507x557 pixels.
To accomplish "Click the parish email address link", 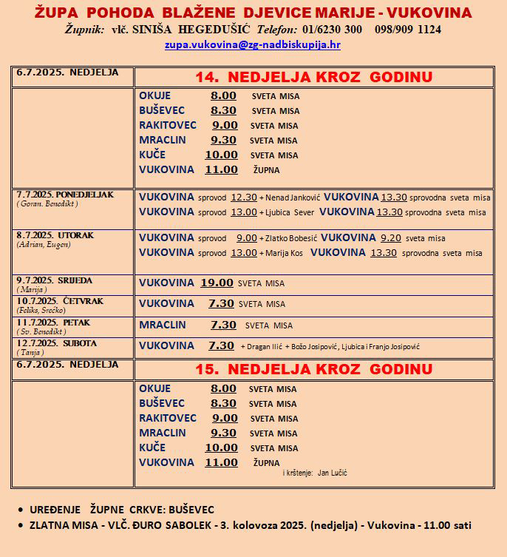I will tap(253, 44).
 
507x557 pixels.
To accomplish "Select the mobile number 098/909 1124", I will tap(408, 30).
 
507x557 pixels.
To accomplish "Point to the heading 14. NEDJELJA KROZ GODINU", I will tap(313, 77).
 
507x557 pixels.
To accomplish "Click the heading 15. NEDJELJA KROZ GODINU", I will tap(313, 368).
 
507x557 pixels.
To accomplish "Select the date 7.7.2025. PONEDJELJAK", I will tap(65, 195).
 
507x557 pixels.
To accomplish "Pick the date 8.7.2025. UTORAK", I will tap(55, 235).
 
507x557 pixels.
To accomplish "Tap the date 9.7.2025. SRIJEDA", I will tap(54, 280).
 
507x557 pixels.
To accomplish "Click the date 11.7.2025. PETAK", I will tap(53, 323).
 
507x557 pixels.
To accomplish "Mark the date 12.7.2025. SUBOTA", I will tap(56, 344).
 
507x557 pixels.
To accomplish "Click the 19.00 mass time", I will tap(217, 283).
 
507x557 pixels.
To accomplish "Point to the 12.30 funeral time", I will tap(244, 198).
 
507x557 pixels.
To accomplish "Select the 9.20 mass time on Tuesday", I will tap(391, 238).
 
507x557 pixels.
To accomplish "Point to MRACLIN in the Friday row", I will tap(163, 325).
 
